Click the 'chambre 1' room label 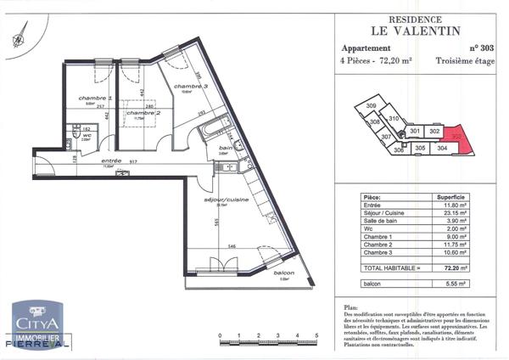pyautogui.click(x=96, y=98)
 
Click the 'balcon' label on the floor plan pyautogui.click(x=283, y=273)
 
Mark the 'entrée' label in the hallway pyautogui.click(x=111, y=160)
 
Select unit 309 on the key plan pyautogui.click(x=371, y=105)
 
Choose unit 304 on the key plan pyautogui.click(x=441, y=148)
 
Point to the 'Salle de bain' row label pyautogui.click(x=379, y=217)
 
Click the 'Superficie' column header pyautogui.click(x=455, y=194)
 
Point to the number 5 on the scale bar pyautogui.click(x=316, y=337)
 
